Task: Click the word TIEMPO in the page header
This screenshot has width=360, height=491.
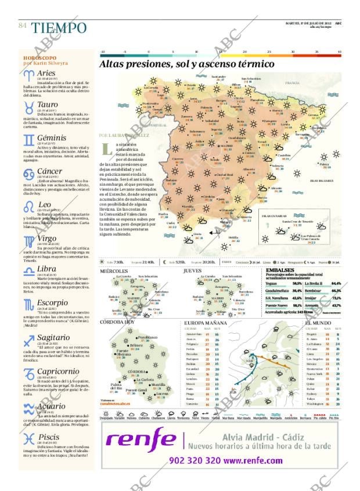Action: click(59, 28)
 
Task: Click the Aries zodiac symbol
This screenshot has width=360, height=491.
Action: click(28, 75)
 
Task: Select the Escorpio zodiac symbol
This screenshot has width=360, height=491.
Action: click(28, 304)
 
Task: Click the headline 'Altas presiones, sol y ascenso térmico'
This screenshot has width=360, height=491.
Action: click(186, 64)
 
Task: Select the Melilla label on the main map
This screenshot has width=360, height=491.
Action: click(233, 237)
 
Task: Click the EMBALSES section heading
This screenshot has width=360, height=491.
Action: click(280, 270)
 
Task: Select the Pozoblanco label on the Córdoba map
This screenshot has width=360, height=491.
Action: click(147, 337)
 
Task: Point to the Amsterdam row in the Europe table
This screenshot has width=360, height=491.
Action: click(195, 335)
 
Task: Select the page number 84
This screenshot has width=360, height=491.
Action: click(23, 26)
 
